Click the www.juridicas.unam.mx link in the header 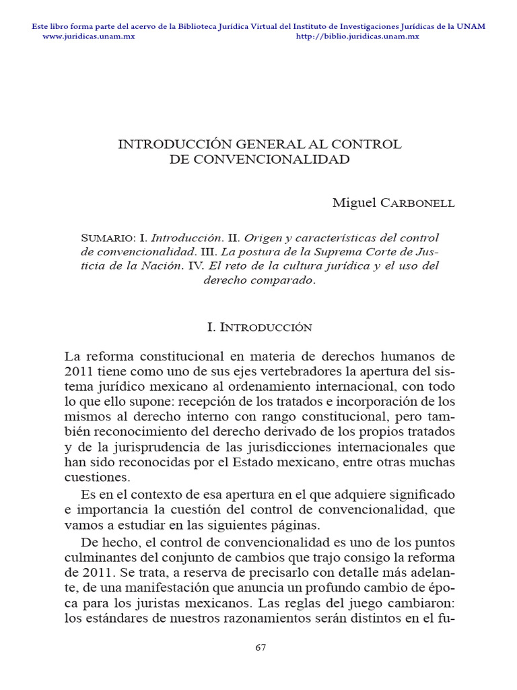pos(89,36)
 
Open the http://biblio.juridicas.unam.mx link pos(357,36)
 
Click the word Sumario pos(108,238)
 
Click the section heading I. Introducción pos(259,327)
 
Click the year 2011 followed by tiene pos(79,371)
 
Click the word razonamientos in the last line pos(281,618)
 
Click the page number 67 pos(261,648)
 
